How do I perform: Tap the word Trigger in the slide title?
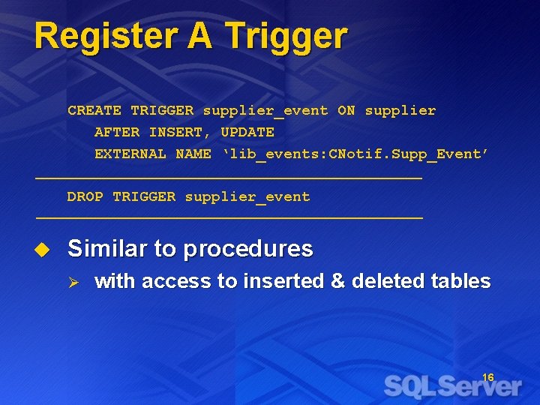[x=285, y=37]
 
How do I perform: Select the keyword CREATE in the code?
[x=94, y=110]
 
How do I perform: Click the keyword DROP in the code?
[x=85, y=196]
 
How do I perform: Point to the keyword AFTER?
[x=117, y=132]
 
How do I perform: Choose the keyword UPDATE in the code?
[x=247, y=132]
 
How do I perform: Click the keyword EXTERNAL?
[x=130, y=154]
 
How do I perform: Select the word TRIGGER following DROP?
[x=144, y=196]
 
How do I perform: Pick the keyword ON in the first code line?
[x=346, y=110]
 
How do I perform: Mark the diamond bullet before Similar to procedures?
[x=42, y=248]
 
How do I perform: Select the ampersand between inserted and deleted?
[x=337, y=281]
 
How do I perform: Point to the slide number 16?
[x=487, y=377]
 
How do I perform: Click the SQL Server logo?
[x=452, y=386]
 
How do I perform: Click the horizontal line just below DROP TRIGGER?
[x=229, y=217]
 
